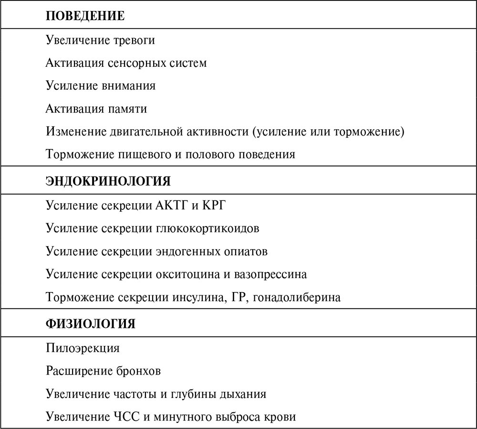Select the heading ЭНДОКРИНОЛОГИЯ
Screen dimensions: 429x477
[x=108, y=181]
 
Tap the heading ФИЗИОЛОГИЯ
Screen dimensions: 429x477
[x=91, y=324]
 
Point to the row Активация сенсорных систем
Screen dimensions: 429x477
[x=126, y=63]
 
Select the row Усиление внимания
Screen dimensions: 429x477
[x=101, y=86]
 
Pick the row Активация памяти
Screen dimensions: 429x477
[x=96, y=109]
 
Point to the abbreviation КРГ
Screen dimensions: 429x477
[x=217, y=206]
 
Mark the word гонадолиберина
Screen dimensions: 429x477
[x=297, y=298]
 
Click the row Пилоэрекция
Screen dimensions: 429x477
[x=83, y=348]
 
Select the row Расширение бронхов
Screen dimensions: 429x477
[x=104, y=371]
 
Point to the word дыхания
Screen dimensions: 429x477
[x=242, y=394]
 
